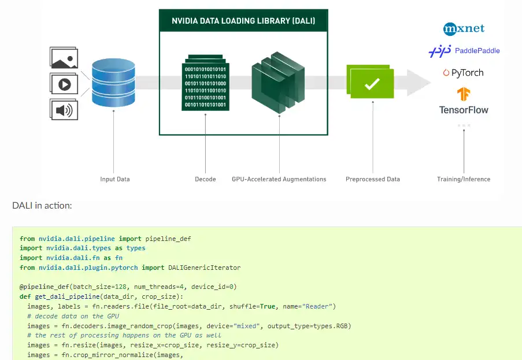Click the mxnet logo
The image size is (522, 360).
[x=464, y=28]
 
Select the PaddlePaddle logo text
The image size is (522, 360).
[x=477, y=51]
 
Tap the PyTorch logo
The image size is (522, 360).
[x=463, y=73]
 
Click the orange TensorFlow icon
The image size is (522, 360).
[x=464, y=94]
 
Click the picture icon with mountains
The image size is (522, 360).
[x=64, y=59]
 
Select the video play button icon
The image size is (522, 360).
[x=64, y=84]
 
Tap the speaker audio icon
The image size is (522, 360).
[x=64, y=109]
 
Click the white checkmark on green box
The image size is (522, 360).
[x=372, y=84]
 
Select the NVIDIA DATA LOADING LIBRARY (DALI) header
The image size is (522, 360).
[x=243, y=21]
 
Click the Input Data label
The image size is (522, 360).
[x=115, y=179]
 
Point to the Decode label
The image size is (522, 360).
[x=205, y=179]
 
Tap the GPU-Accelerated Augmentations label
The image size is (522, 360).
[x=279, y=179]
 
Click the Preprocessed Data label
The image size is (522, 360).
[x=373, y=179]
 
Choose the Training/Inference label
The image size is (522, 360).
[x=464, y=179]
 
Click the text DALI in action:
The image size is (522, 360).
[x=42, y=205]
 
